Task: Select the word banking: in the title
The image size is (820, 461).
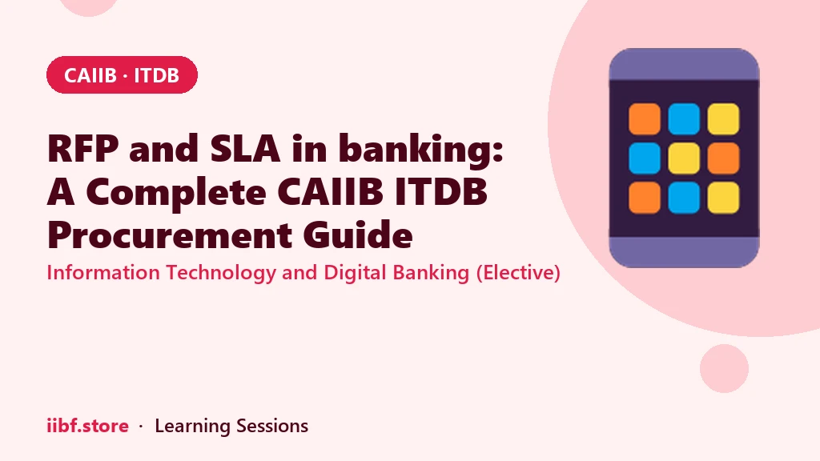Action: [421, 150]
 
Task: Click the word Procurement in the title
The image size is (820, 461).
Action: [170, 235]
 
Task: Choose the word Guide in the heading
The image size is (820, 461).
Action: [358, 235]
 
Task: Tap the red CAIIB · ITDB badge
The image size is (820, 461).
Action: [122, 74]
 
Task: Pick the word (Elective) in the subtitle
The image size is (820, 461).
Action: [518, 273]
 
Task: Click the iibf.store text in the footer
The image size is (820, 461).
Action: [87, 426]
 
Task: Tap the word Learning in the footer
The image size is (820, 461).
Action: [192, 427]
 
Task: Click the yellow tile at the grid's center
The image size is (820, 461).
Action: [684, 158]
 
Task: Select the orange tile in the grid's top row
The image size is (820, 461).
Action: [645, 118]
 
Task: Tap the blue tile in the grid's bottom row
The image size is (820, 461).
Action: [684, 198]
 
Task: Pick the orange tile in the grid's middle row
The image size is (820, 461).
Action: [723, 158]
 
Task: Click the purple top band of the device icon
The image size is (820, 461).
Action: [684, 64]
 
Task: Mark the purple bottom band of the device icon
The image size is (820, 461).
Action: [684, 252]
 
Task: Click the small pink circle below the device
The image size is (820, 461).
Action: [724, 368]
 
